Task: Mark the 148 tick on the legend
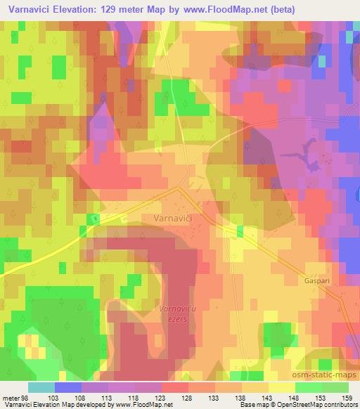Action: (x=289, y=399)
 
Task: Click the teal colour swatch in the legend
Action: (x=41, y=388)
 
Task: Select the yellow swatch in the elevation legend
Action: (x=281, y=388)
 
